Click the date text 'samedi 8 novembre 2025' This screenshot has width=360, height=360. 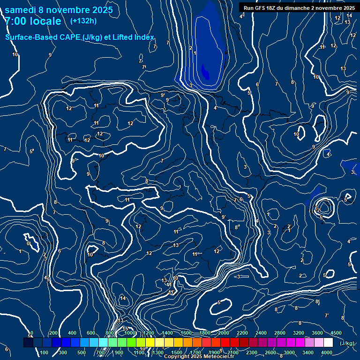pos(59,10)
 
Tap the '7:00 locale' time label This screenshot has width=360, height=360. pos(33,21)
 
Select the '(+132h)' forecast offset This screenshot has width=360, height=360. pos(83,21)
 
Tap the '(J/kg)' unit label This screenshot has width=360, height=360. pos(346,344)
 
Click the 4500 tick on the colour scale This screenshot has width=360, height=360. pos(336,333)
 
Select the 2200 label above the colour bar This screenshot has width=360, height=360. pos(242,333)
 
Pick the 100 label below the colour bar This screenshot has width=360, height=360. pos(44,352)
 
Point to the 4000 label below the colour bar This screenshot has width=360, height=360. pos(326,352)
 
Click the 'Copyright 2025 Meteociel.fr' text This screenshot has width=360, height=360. pos(199,357)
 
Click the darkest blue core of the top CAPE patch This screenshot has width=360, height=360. pos(205,71)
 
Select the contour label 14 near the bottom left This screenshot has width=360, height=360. pos(123,298)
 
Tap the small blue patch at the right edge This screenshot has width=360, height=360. pos(350,165)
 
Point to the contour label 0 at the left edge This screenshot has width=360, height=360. pos(28,243)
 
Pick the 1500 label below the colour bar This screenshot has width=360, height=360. pos(176,352)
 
